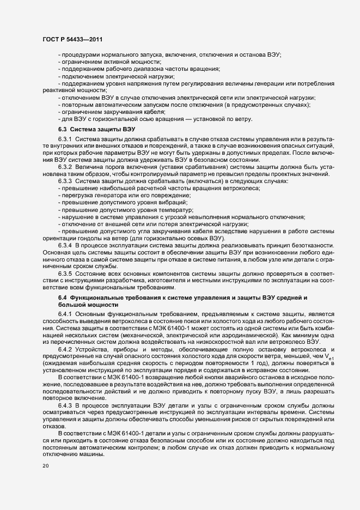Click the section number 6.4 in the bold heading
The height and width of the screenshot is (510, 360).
[x=63, y=297]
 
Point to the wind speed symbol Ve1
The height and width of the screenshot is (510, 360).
[x=330, y=356]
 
